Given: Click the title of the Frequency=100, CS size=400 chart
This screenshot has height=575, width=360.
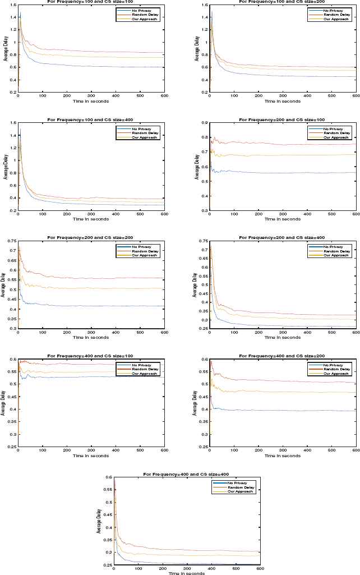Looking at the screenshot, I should [91, 119].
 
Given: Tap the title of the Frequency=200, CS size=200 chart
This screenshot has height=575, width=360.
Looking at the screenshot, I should [91, 237].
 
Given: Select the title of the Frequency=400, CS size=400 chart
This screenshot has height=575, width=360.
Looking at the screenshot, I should [187, 473].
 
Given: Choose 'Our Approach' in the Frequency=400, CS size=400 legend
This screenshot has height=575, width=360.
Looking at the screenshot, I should [241, 492].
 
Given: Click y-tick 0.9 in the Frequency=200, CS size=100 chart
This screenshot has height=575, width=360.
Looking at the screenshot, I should [205, 123].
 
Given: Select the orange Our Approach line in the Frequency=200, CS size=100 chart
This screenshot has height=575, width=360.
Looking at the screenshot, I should [280, 155].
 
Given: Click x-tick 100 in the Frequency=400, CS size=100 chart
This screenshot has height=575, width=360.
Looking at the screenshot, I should [43, 450].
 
